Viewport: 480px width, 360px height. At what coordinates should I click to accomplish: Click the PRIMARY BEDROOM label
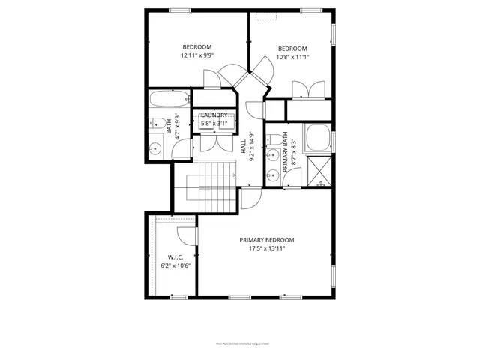point(266,240)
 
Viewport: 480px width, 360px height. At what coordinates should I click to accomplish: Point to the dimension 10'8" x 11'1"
point(292,55)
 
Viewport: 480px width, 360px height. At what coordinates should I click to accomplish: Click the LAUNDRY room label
point(214,115)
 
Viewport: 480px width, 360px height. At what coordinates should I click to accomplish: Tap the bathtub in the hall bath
point(169,98)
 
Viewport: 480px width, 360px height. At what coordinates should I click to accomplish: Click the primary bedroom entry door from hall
point(250,199)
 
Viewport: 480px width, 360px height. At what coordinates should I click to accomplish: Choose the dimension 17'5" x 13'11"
point(266,249)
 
